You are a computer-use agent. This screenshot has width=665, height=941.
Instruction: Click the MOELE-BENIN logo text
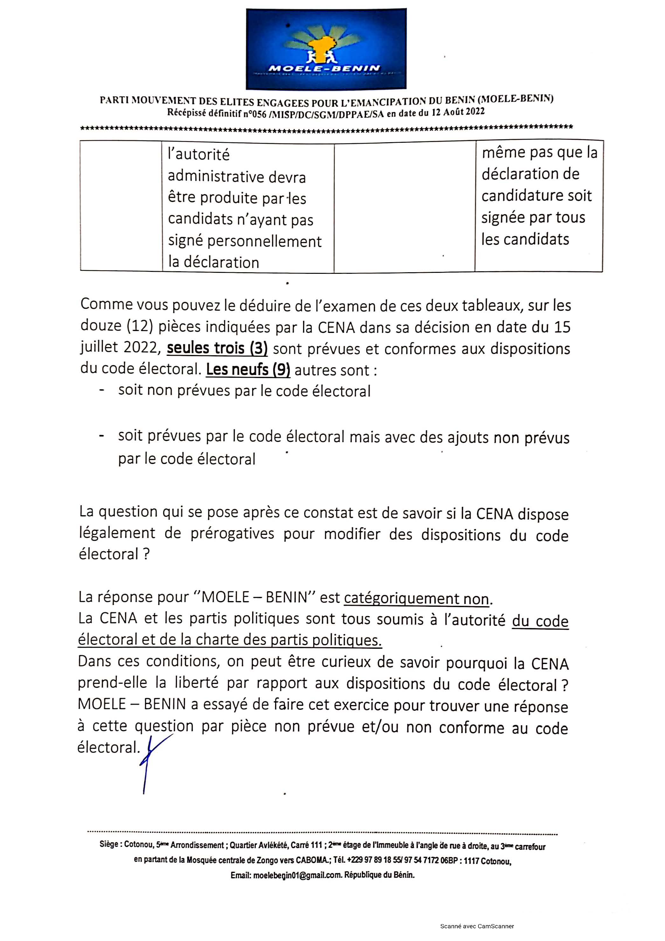tap(324, 68)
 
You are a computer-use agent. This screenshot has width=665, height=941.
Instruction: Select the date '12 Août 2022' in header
tap(458, 112)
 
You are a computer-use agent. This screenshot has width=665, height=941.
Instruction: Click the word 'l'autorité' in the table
tap(199, 155)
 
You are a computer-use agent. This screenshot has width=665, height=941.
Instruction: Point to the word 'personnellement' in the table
tap(264, 241)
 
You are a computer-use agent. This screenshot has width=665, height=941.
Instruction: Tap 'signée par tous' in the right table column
tap(533, 218)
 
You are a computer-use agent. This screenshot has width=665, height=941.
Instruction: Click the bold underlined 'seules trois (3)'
tap(217, 348)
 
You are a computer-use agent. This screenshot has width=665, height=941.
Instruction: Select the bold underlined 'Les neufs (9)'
tap(248, 370)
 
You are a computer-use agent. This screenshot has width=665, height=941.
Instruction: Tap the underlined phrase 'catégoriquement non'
tap(416, 599)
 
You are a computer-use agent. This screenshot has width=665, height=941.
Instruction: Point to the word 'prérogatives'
tap(232, 534)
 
